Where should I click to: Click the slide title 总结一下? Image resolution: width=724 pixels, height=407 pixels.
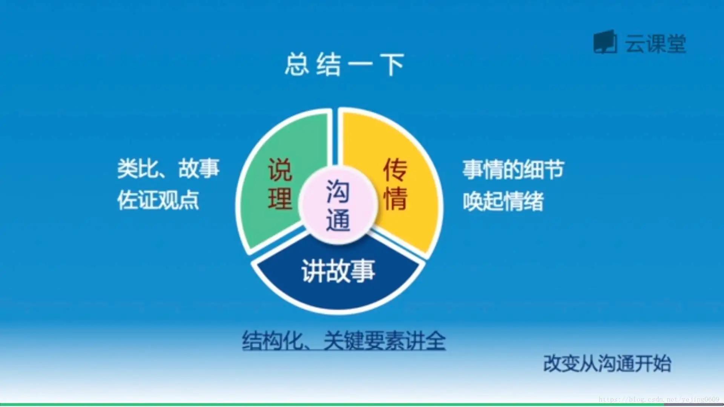(x=344, y=65)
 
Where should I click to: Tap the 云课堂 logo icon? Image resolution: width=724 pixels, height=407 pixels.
(x=605, y=43)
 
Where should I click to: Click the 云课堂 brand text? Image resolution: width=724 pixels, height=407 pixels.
(x=655, y=44)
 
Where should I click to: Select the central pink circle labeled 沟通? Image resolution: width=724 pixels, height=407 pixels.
(x=338, y=205)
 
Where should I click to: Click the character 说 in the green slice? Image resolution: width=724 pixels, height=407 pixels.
(x=280, y=170)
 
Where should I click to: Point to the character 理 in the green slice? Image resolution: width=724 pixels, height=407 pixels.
(x=280, y=199)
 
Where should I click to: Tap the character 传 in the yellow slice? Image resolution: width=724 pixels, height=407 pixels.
(x=395, y=170)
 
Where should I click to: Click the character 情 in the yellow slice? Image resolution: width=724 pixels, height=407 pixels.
(x=395, y=199)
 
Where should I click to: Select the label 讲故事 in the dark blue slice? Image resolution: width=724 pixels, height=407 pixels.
(x=338, y=271)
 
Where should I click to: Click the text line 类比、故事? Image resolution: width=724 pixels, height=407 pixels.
(x=168, y=168)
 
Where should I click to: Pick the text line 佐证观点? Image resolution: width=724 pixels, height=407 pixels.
(x=158, y=200)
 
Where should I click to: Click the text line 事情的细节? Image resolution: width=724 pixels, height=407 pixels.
(x=513, y=170)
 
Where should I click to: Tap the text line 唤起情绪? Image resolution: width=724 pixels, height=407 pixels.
(x=503, y=201)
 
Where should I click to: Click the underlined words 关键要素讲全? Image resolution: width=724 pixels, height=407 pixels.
(x=385, y=341)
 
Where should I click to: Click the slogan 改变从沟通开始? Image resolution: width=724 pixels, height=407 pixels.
(x=607, y=364)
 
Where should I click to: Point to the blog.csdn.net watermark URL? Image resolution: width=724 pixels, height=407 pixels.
(x=659, y=399)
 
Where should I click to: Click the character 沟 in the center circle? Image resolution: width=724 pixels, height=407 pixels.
(x=338, y=191)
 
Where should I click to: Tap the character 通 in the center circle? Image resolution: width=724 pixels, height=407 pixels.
(x=338, y=220)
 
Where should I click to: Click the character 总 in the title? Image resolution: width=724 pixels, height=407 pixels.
(x=297, y=65)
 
